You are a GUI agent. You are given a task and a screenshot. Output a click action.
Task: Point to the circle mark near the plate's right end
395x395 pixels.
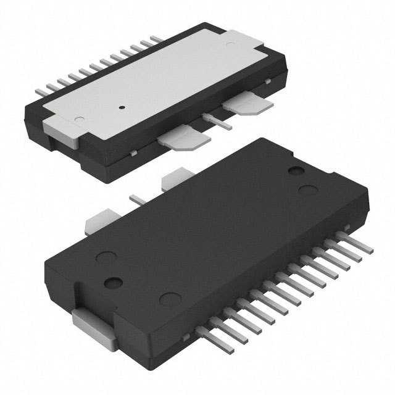click(230, 44)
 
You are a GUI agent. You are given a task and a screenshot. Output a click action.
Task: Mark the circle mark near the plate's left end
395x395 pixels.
click(79, 118)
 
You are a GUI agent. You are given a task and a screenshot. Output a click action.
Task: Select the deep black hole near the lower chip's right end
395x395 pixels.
click(296, 170)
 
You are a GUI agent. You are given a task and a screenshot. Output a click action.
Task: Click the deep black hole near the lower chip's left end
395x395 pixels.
click(114, 283)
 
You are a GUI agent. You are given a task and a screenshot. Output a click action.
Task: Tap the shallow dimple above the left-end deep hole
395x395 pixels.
click(106, 257)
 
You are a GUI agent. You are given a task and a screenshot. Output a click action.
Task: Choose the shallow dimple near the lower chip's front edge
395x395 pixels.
click(170, 300)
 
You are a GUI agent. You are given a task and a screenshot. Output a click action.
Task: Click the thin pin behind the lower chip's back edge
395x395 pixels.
click(137, 199)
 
